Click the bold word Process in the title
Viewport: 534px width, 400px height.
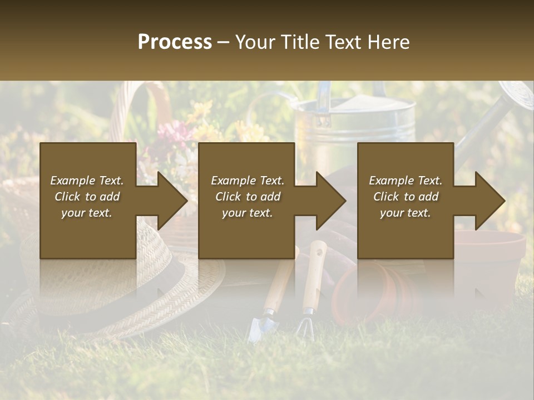click(175, 42)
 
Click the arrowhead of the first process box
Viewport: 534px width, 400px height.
click(172, 201)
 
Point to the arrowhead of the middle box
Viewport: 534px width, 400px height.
click(330, 201)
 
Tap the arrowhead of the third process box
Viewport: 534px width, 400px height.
click(489, 201)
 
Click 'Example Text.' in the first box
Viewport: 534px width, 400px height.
click(87, 181)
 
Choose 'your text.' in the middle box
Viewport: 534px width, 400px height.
click(247, 213)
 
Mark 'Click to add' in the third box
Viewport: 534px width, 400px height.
click(406, 197)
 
